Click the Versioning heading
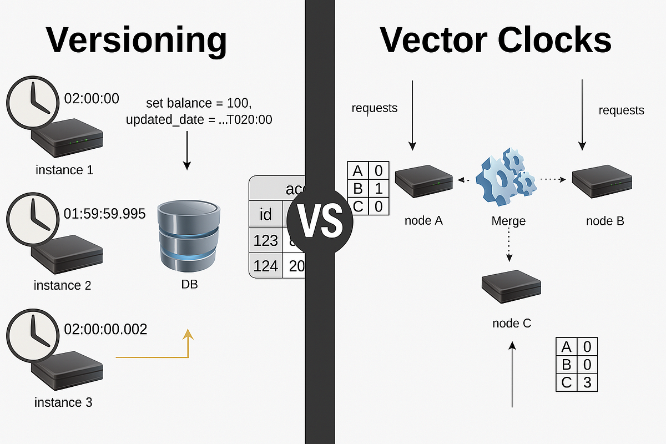(136, 40)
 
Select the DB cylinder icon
(186, 236)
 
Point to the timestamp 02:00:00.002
(106, 329)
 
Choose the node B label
(605, 221)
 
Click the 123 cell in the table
(265, 240)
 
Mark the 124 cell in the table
(265, 266)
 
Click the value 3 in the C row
(587, 382)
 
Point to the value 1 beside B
(379, 189)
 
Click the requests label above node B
(621, 110)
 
